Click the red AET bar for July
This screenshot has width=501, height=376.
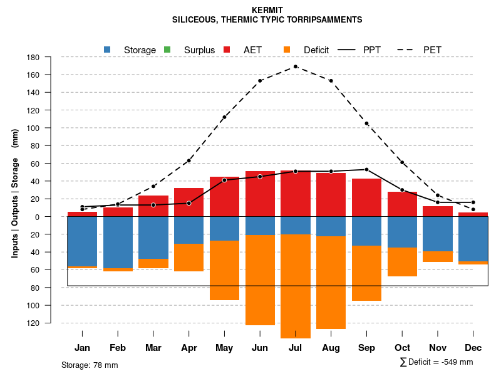coord(296,194)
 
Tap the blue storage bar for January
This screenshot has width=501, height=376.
coord(82,241)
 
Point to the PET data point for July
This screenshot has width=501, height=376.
coord(296,66)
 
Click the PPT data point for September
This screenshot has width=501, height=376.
coord(366,169)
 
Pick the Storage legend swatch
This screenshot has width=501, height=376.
coord(107,50)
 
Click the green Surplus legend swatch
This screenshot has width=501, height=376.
coord(167,50)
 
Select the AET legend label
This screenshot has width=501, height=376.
coord(253,50)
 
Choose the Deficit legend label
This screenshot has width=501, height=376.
coord(316,50)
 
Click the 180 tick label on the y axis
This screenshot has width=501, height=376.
coord(51,57)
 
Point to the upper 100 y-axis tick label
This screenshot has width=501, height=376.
coord(51,128)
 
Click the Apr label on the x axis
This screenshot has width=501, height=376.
coord(189,348)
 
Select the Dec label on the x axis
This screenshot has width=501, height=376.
coord(473,348)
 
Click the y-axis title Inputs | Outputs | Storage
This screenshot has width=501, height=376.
coord(15,192)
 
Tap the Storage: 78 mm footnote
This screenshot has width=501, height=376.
coord(90,365)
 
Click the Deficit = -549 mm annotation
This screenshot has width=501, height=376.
coord(436,362)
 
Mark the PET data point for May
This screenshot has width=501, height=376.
coord(224,117)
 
